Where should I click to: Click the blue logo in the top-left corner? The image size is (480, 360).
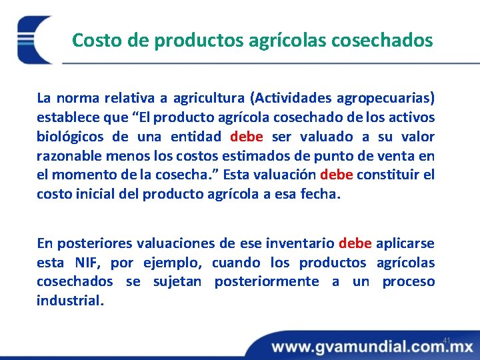coord(33,39)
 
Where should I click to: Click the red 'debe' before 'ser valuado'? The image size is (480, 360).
coord(247,137)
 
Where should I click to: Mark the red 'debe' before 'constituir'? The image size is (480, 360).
coord(337,176)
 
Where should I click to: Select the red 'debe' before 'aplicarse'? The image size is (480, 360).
coord(355,243)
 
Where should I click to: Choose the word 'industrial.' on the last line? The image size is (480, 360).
coord(70,301)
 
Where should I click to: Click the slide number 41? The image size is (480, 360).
coord(447,341)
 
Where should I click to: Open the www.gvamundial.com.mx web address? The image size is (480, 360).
coord(371,347)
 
